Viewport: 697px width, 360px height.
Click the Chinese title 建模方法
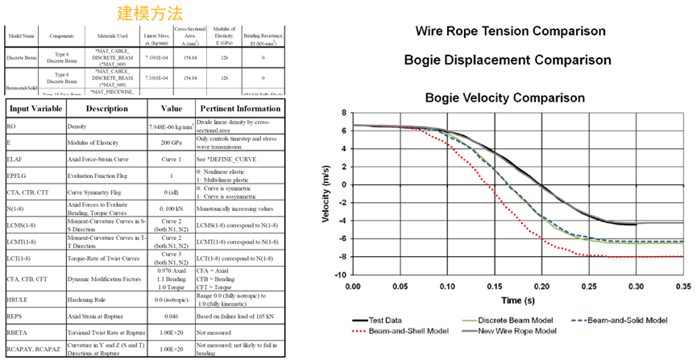(x=150, y=13)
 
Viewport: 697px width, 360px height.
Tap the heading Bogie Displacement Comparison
(x=508, y=60)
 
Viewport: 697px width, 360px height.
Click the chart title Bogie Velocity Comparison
(x=505, y=97)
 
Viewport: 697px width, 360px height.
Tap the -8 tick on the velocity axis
(x=342, y=257)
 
